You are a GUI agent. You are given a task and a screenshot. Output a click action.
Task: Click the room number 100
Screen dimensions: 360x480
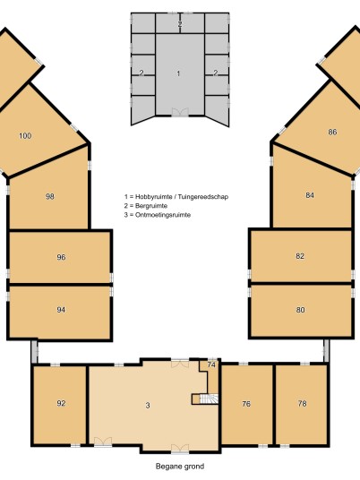25,135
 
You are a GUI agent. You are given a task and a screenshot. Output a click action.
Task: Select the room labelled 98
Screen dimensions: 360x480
50,196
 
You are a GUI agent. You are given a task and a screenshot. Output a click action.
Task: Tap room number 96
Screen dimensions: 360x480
61,257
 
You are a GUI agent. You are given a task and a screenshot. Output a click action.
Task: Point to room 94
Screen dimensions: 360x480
61,310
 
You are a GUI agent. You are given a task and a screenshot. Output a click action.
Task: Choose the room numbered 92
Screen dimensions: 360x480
61,403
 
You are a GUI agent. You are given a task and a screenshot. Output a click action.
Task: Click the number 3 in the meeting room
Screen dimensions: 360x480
148,406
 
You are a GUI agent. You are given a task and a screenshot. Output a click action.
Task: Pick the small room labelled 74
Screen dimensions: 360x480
211,364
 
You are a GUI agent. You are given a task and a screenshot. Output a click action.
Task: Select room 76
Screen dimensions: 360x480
246,404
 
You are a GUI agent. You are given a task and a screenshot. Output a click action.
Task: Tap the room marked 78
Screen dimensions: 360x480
302,404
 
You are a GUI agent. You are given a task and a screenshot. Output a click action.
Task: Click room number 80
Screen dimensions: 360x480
300,310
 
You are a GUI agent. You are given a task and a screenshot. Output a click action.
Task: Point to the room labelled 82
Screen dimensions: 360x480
300,256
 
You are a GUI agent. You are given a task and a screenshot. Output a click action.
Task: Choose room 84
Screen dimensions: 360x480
310,195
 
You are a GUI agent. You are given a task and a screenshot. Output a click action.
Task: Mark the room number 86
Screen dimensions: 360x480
332,132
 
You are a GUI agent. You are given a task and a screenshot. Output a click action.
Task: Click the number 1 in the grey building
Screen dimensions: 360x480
178,73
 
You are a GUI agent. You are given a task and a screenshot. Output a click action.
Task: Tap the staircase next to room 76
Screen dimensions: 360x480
209,399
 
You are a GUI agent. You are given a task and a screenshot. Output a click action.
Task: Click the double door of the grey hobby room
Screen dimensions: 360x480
180,112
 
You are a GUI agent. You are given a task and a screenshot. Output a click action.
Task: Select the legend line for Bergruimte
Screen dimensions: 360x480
146,206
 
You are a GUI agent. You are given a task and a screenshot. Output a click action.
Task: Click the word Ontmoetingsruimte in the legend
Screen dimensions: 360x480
163,215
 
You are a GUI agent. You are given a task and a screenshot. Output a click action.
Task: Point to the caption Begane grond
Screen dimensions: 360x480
180,467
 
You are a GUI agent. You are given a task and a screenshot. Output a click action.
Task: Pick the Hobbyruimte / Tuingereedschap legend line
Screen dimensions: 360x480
176,197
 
